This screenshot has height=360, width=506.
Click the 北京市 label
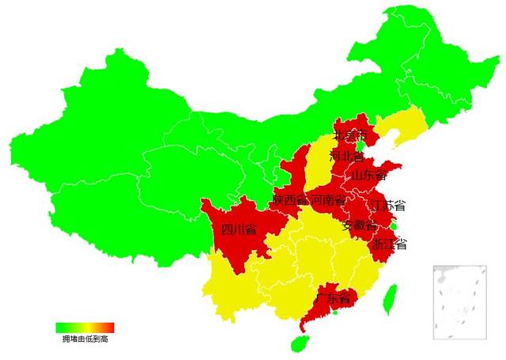click(x=349, y=137)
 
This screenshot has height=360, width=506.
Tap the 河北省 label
click(x=347, y=156)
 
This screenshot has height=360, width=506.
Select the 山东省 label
click(x=368, y=174)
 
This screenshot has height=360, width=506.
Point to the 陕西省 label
click(x=289, y=199)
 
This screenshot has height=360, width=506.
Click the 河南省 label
click(x=328, y=199)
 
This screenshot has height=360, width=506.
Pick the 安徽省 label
click(x=359, y=225)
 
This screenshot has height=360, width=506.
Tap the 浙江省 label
click(x=389, y=244)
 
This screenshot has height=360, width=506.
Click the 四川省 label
click(x=239, y=230)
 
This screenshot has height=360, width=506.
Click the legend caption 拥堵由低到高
click(x=85, y=338)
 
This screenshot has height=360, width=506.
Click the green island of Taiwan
click(x=388, y=300)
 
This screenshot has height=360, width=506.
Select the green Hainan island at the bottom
click(x=299, y=343)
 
